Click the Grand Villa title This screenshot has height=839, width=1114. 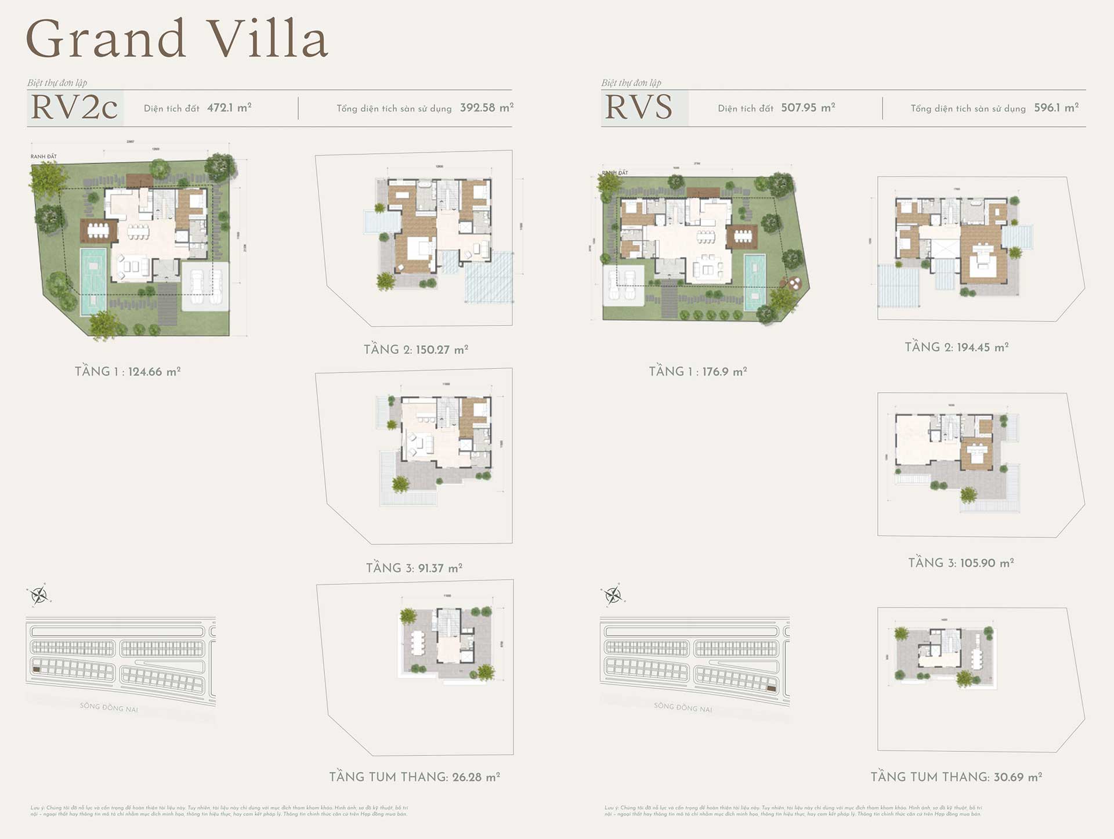(x=177, y=39)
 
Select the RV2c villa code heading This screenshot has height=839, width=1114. (x=74, y=107)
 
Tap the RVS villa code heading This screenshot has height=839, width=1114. (x=639, y=107)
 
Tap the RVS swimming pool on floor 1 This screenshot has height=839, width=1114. (x=754, y=282)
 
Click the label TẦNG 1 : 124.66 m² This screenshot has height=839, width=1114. (x=128, y=371)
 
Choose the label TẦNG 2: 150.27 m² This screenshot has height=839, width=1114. (x=415, y=349)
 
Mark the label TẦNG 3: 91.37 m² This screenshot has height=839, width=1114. (x=414, y=568)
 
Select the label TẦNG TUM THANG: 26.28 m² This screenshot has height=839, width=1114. (x=414, y=777)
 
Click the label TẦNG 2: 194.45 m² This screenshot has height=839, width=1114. (x=956, y=347)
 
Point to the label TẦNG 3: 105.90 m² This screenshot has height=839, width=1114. (x=961, y=563)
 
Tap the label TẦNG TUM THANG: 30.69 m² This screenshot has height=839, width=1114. (x=956, y=777)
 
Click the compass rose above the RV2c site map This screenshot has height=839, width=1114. (x=39, y=595)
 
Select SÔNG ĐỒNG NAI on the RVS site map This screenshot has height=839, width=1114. (x=683, y=707)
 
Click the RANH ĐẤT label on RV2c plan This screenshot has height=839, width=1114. (x=44, y=157)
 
